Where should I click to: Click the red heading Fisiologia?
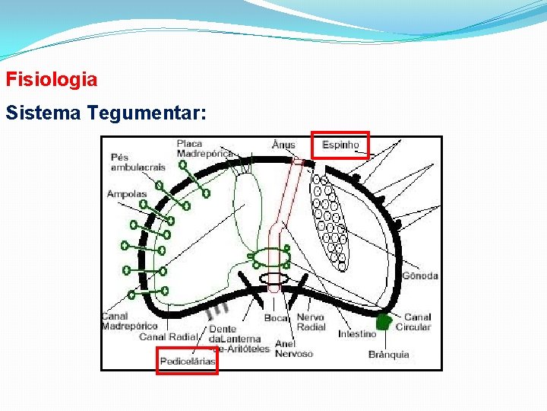pos(52,79)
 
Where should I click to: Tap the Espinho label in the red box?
pos(340,145)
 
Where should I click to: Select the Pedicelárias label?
pos(187,361)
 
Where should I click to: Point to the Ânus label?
pos(283,145)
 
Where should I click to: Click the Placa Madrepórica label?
pos(204,148)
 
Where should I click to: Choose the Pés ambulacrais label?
pos(138,162)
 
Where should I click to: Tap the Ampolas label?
pos(127,194)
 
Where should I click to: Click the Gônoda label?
pos(420,276)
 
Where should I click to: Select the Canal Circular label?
pos(417,322)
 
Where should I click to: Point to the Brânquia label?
pos(389,354)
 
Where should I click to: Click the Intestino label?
pos(357,334)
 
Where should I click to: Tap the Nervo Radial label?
pos(310,322)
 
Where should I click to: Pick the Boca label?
pos(276,317)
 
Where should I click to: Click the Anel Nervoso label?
pos(293,349)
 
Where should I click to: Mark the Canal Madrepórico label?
pos(129,321)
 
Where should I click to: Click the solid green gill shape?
pos(385,322)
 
